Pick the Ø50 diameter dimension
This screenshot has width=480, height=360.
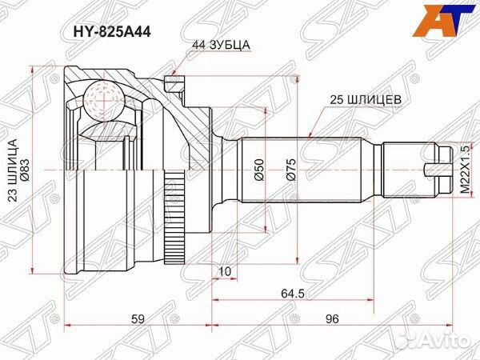coord(258,171)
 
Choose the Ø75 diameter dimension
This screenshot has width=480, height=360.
coord(292,171)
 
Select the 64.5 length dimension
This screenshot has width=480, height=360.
coord(298,295)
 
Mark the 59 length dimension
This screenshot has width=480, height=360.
coord(138,320)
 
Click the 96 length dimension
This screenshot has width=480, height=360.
coord(333,320)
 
